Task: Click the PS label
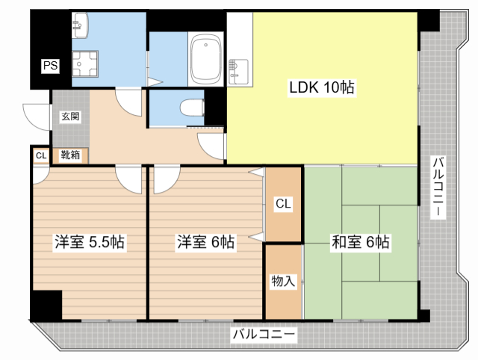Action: (50, 66)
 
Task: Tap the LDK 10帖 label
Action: (322, 87)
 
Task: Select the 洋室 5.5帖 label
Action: (90, 242)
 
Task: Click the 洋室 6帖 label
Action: (206, 242)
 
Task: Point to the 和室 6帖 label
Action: (360, 242)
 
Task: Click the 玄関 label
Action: (70, 116)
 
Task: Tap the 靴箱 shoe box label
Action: (70, 155)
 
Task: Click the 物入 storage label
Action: (283, 281)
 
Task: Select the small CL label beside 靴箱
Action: (41, 156)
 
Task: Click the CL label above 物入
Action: (283, 203)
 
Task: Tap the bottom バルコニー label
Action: (264, 334)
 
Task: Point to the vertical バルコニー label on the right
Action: (438, 187)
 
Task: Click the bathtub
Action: (206, 58)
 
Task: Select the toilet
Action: (192, 108)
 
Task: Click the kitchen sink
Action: (238, 72)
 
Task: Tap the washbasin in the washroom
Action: (80, 25)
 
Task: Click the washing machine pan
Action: (85, 64)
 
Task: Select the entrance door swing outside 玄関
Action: (37, 117)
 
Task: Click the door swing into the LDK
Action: (211, 146)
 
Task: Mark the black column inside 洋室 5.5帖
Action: (46, 305)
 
